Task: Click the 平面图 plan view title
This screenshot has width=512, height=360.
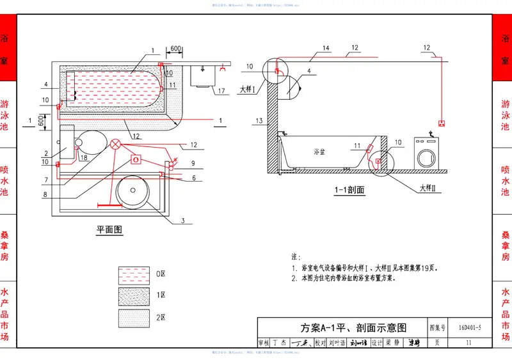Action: (x=109, y=230)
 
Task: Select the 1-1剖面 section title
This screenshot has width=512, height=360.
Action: (x=349, y=190)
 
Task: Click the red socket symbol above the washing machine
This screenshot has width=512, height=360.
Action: (x=441, y=123)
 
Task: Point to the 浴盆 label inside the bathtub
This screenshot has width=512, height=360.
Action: (x=320, y=152)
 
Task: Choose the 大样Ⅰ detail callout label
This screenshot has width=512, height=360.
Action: (x=248, y=90)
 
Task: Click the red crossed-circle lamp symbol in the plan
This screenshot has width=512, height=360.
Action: (x=115, y=144)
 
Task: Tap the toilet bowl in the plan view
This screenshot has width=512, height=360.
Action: (x=90, y=141)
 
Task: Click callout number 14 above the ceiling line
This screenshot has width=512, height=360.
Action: (x=326, y=48)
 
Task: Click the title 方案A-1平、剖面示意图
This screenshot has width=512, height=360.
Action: (x=354, y=327)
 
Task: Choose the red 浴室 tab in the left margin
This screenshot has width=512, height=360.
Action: (x=8, y=49)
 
